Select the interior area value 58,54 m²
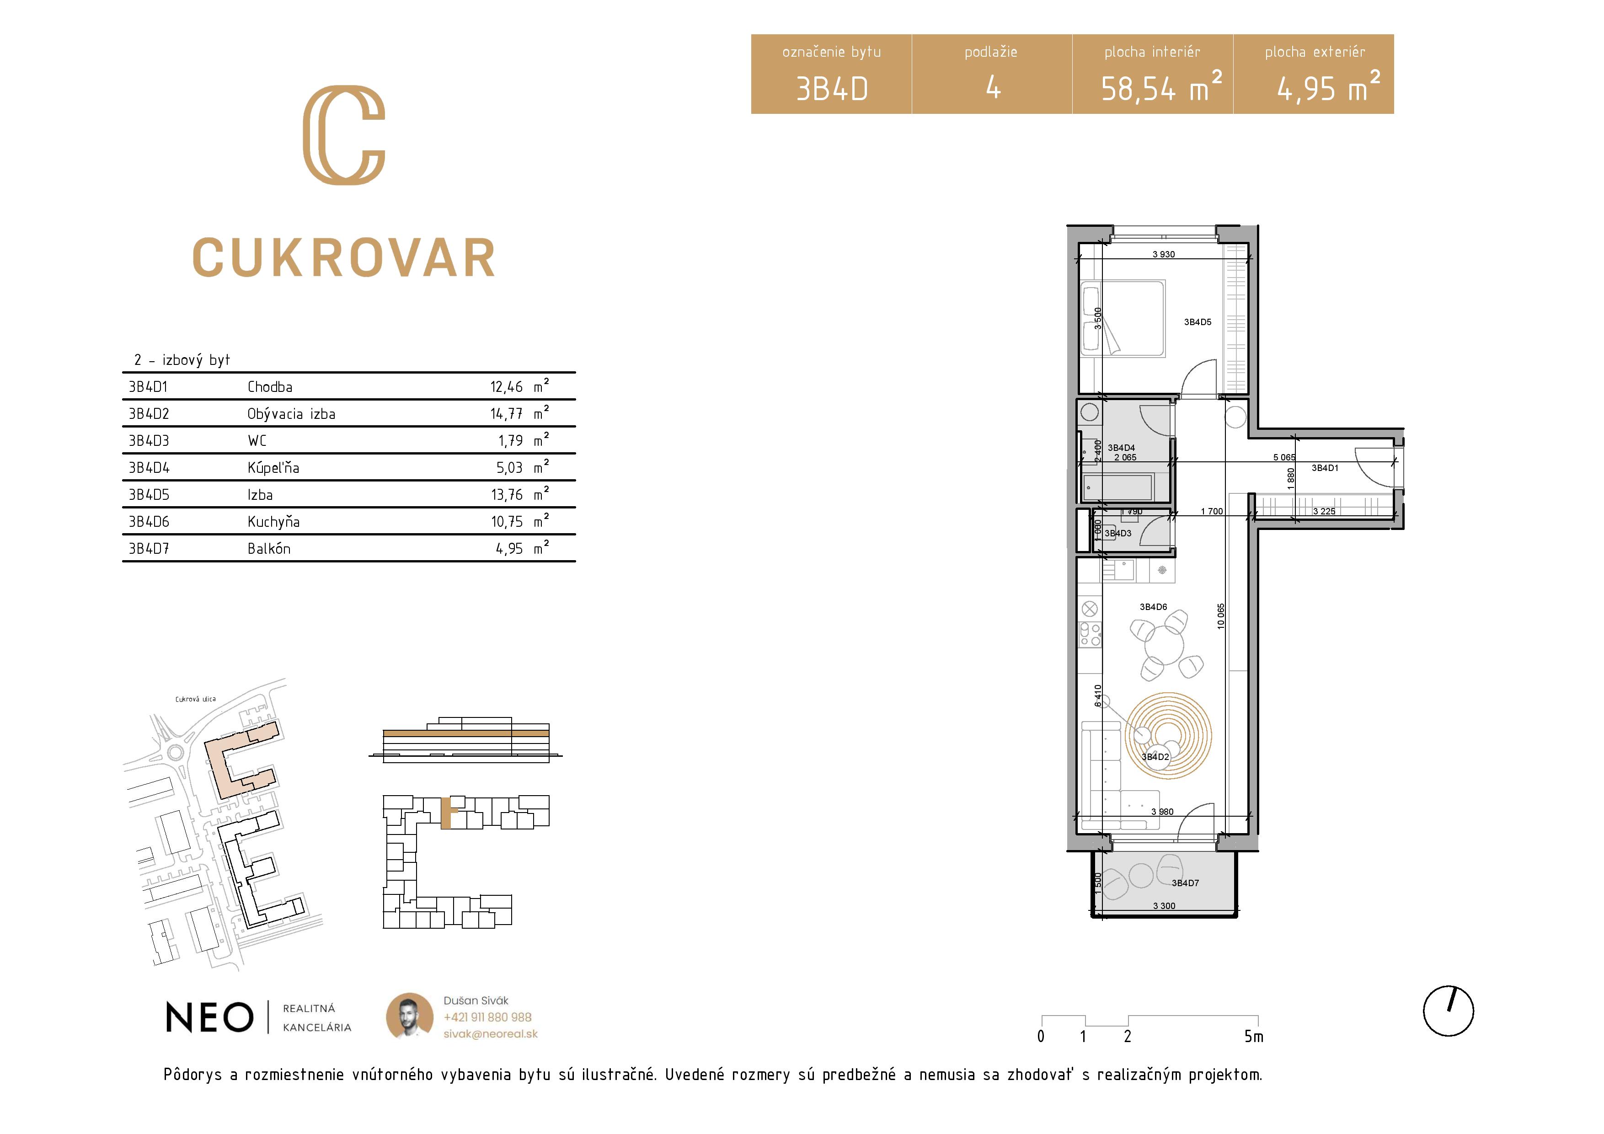pyautogui.click(x=1161, y=86)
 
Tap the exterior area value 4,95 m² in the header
pyautogui.click(x=1328, y=86)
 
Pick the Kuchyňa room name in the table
pyautogui.click(x=273, y=522)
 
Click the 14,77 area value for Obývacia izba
pyautogui.click(x=507, y=414)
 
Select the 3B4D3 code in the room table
pyautogui.click(x=149, y=441)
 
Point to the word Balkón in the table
pyautogui.click(x=269, y=549)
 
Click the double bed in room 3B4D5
pyautogui.click(x=1123, y=319)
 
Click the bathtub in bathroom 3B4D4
pyautogui.click(x=1117, y=487)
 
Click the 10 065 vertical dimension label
pyautogui.click(x=1220, y=616)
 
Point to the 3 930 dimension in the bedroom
pyautogui.click(x=1163, y=254)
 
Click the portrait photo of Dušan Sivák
pyautogui.click(x=409, y=1016)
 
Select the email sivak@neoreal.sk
pyautogui.click(x=491, y=1034)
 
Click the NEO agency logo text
pyautogui.click(x=209, y=1017)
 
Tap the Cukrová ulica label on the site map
pyautogui.click(x=196, y=699)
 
